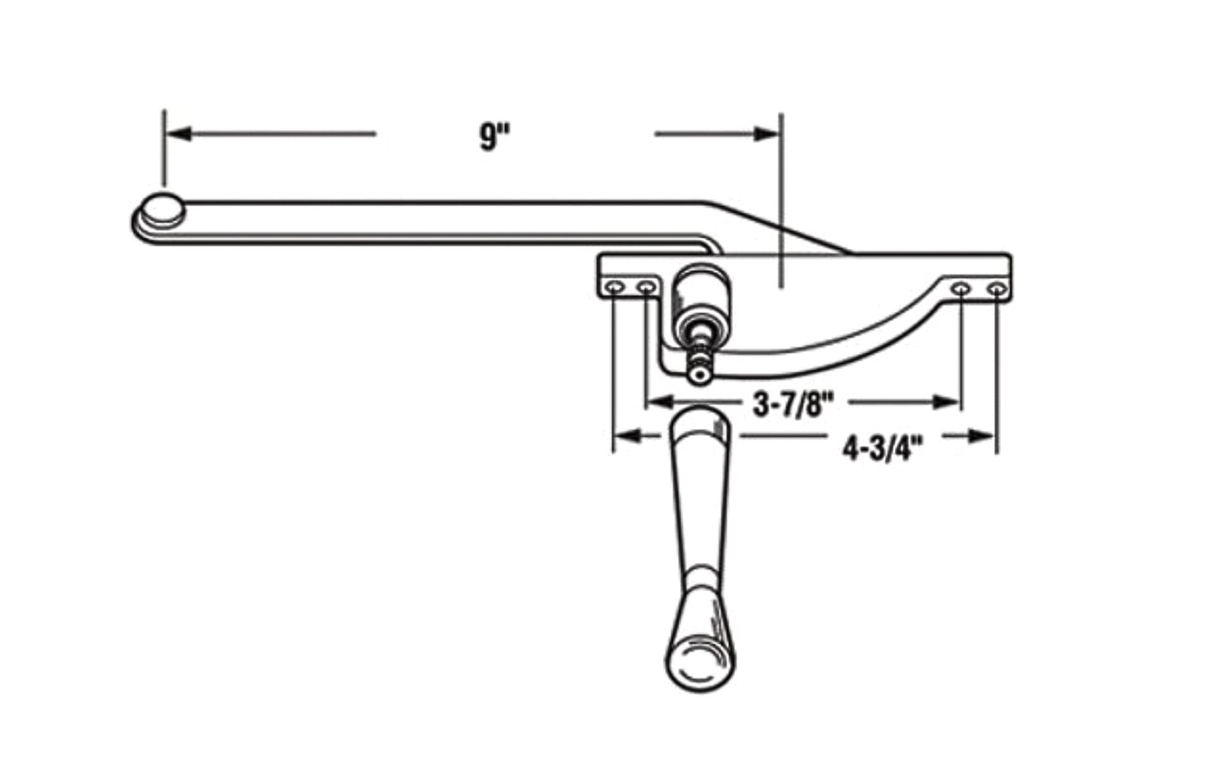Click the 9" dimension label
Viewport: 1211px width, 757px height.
(495, 135)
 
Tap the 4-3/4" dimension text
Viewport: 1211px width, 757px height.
(882, 449)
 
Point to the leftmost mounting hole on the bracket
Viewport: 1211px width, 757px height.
(616, 289)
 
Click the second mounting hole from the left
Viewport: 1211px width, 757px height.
(646, 289)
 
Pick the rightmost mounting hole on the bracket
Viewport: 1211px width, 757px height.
(996, 290)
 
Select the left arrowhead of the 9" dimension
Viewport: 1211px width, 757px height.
(178, 133)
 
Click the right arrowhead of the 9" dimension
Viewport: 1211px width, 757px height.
(766, 133)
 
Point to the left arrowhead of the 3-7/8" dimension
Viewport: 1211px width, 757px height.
(658, 402)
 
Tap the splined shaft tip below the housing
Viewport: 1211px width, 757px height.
(697, 369)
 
